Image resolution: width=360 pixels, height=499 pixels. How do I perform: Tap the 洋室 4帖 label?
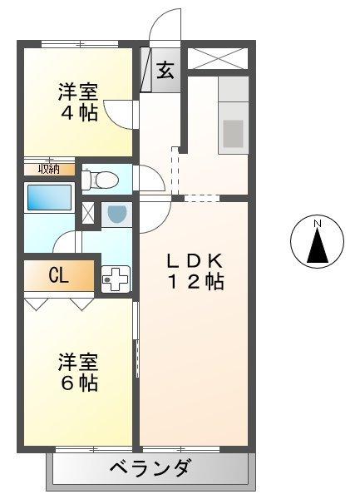click(77, 101)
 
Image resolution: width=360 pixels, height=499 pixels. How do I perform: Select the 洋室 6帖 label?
click(77, 373)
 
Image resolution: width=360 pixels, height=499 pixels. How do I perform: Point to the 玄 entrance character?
click(165, 71)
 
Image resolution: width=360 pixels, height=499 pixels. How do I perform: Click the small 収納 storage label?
click(47, 169)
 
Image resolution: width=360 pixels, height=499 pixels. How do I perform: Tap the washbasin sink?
click(116, 214)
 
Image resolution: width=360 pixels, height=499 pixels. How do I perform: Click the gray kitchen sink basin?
click(234, 133)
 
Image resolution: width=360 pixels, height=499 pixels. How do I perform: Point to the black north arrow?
click(317, 246)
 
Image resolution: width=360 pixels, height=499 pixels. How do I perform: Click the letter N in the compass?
click(317, 224)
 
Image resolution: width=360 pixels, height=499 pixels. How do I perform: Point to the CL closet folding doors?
click(58, 303)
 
